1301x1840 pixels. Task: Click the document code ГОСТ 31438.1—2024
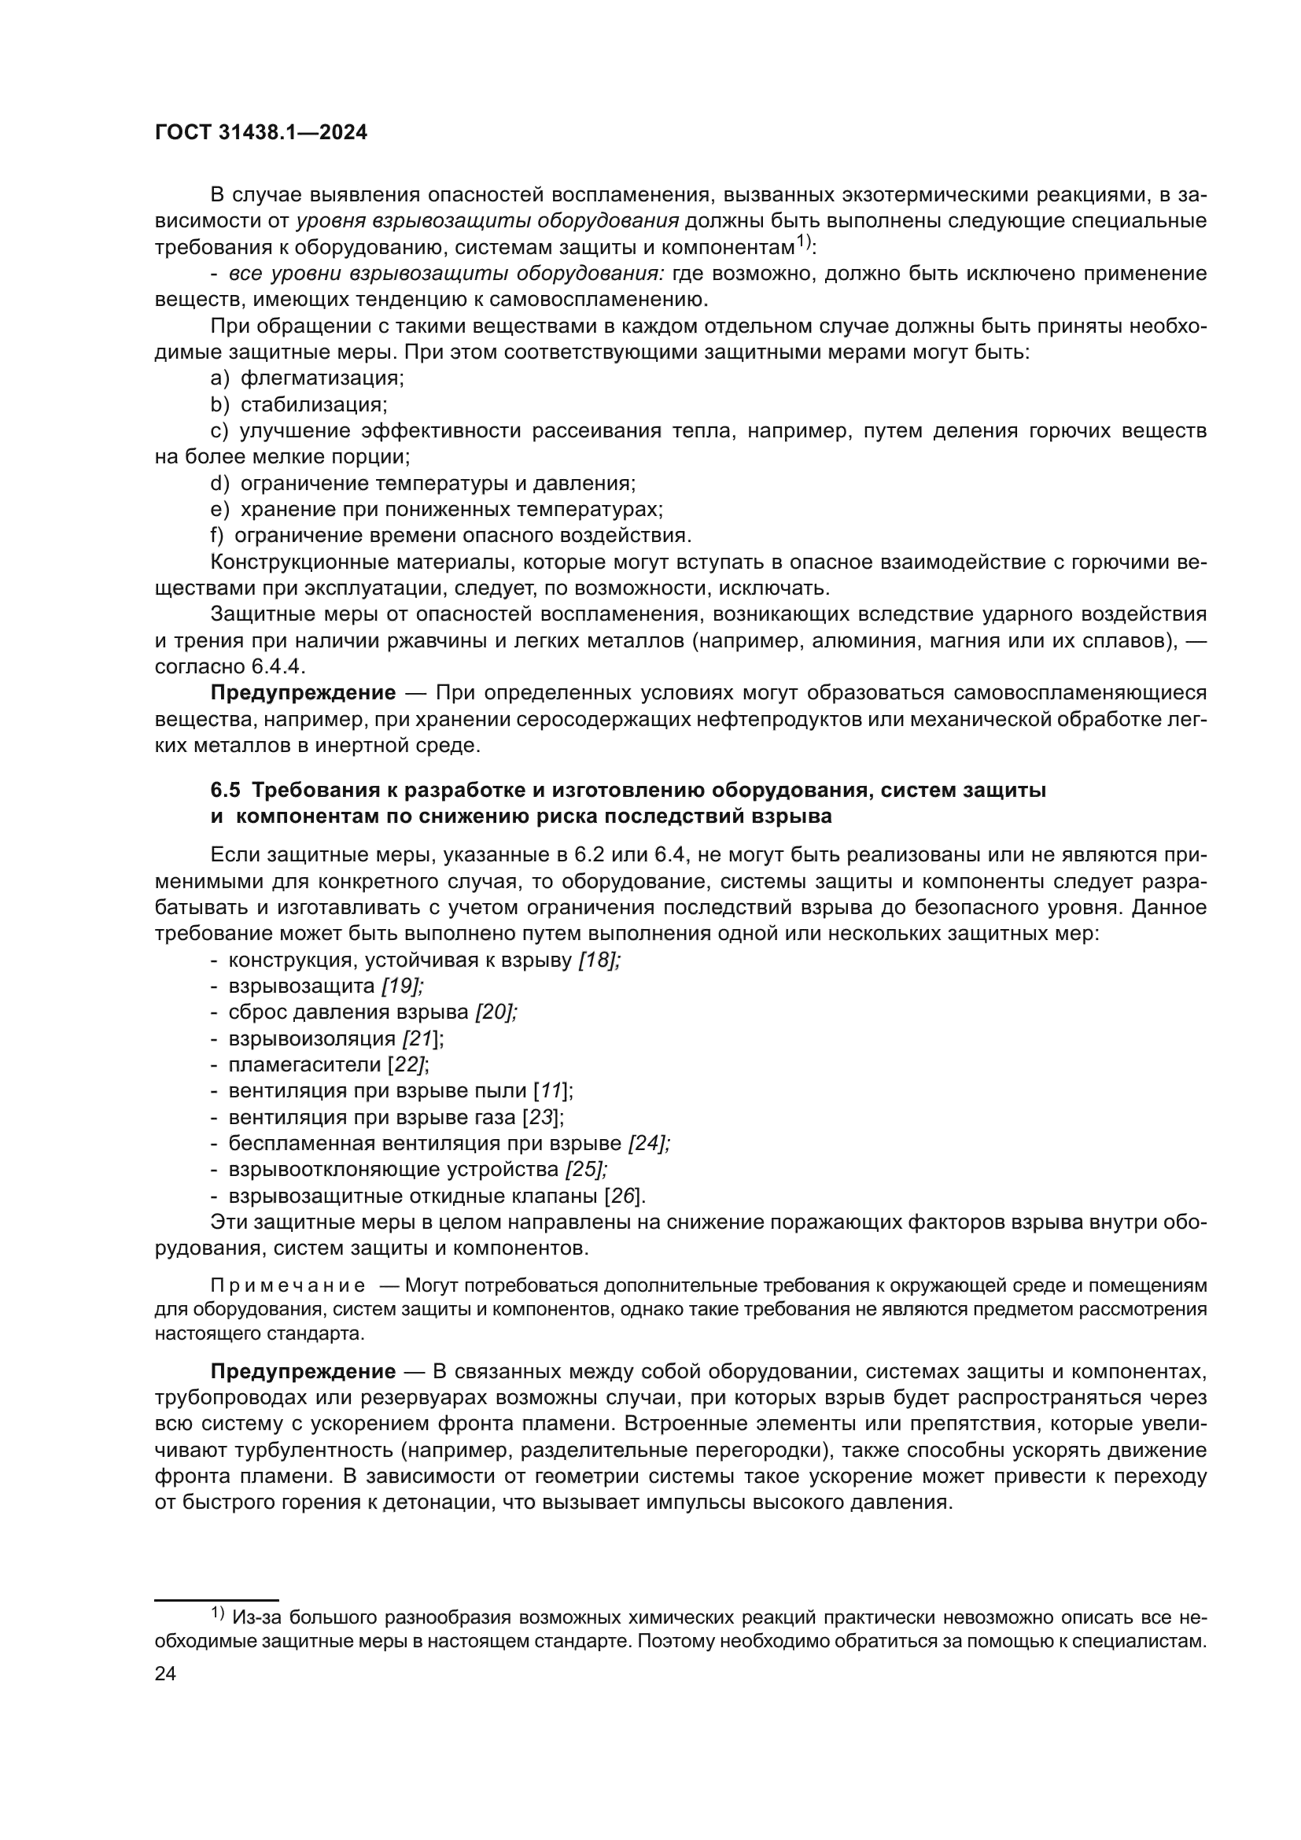click(x=261, y=133)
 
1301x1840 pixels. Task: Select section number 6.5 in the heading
click(x=225, y=790)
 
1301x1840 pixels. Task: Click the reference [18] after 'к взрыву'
click(x=599, y=960)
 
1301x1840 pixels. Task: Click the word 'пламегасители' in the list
click(x=304, y=1065)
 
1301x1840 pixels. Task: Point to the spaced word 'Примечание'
click(x=288, y=1286)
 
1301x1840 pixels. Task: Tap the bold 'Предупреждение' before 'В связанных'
click(x=303, y=1371)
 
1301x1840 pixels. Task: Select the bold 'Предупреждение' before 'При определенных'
click(x=303, y=692)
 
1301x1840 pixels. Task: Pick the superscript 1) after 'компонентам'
click(x=805, y=240)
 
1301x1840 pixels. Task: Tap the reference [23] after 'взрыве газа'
click(x=544, y=1117)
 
